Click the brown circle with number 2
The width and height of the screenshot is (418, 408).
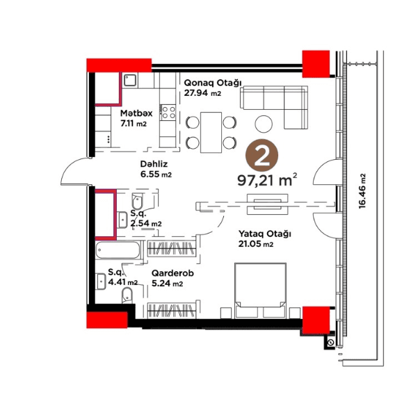[x=262, y=156]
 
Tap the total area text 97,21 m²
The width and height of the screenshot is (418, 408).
[x=267, y=180]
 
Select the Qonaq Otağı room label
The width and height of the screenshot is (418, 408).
[x=212, y=83]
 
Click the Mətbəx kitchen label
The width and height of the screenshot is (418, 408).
[x=136, y=113]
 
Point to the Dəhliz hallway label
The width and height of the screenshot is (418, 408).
[x=154, y=163]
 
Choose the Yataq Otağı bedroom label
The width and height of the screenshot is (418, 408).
[x=264, y=234]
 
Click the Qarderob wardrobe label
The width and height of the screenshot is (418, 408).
[x=172, y=273]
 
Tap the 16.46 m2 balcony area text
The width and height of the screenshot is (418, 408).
[x=362, y=191]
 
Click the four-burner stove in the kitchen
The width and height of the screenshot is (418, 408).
[x=168, y=112]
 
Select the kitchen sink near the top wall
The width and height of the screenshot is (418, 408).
[x=130, y=80]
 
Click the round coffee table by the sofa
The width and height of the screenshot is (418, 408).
[x=264, y=124]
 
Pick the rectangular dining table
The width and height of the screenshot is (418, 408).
[x=211, y=133]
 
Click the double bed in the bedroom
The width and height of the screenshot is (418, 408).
[x=260, y=291]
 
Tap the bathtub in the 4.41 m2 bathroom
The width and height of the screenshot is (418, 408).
[x=118, y=250]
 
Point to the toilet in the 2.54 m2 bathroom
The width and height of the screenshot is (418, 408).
[x=137, y=200]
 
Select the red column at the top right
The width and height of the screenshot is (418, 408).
[x=316, y=64]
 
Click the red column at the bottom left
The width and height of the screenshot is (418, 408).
[x=107, y=320]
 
